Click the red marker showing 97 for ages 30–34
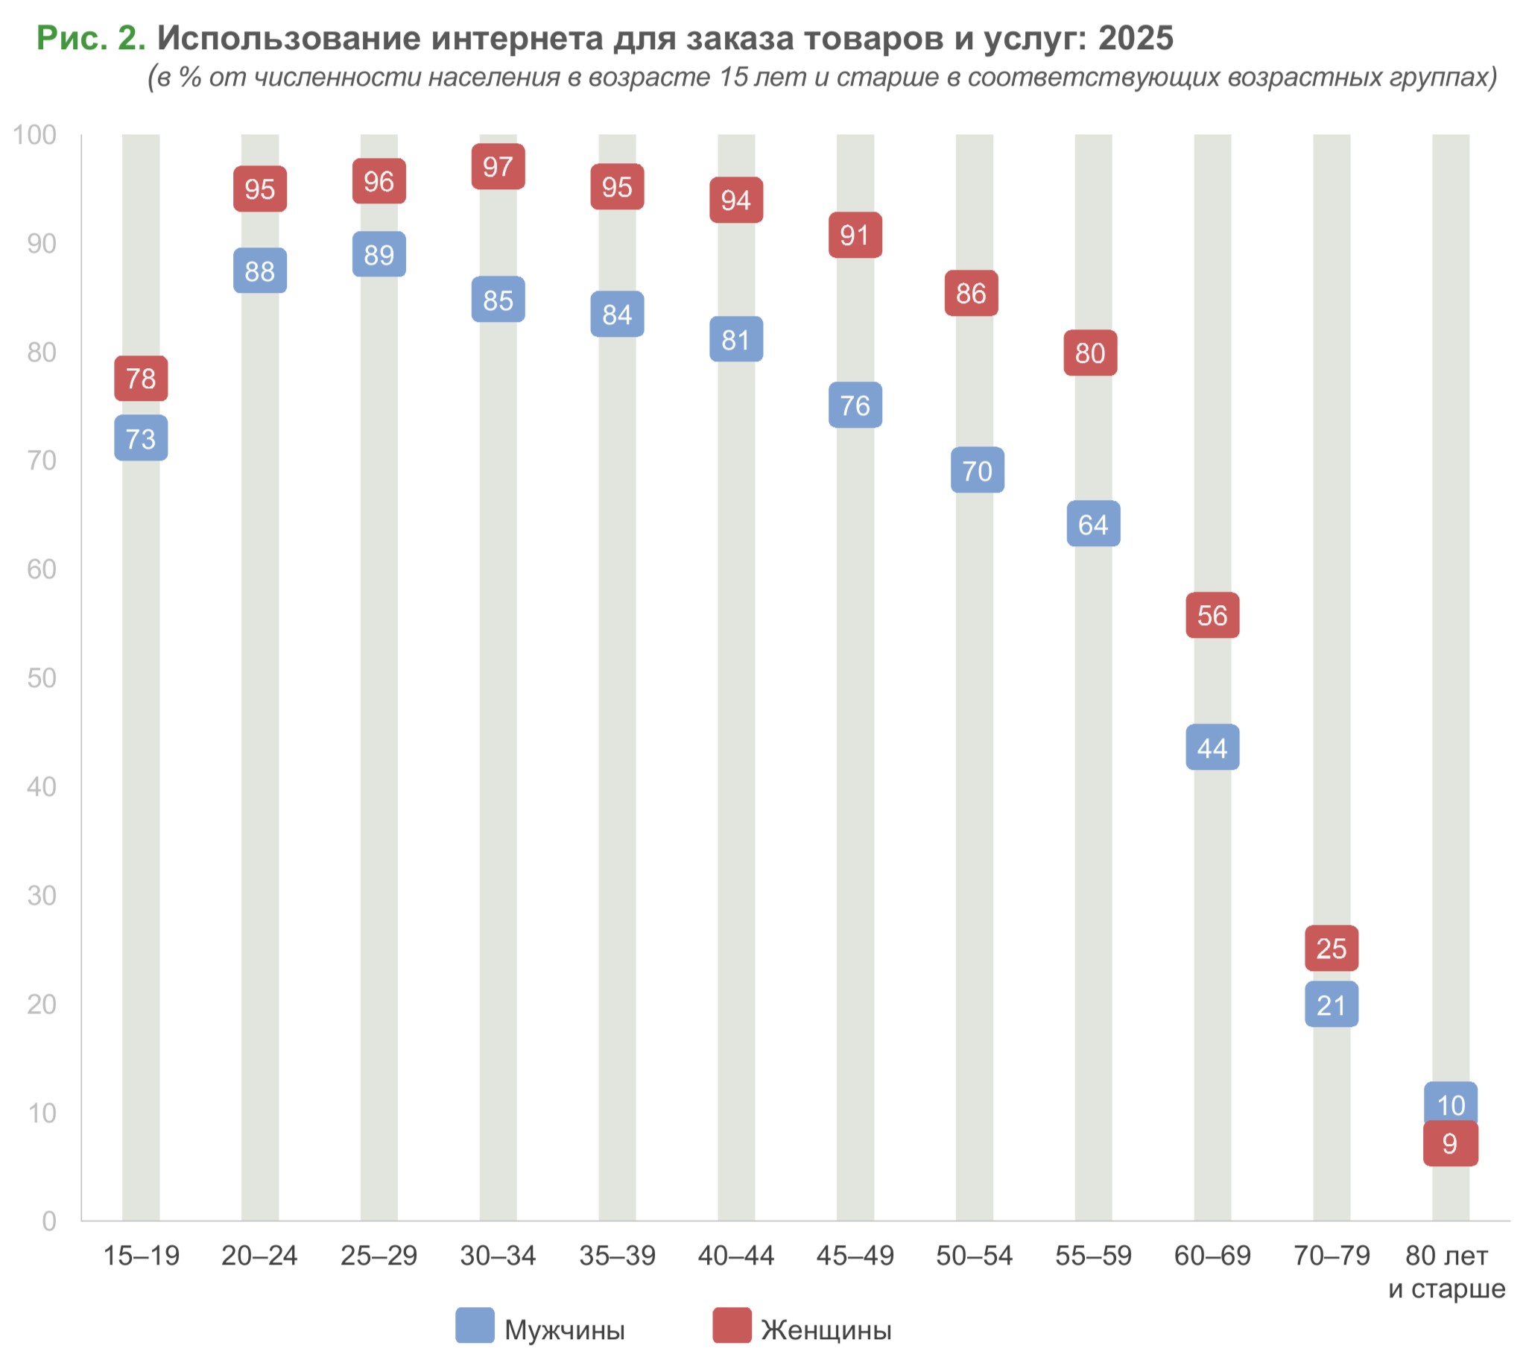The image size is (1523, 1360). (498, 166)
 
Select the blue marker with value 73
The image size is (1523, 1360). (141, 438)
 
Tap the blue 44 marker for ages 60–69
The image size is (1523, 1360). (1212, 747)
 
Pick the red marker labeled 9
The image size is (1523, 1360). (1450, 1143)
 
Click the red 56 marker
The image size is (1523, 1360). (1212, 615)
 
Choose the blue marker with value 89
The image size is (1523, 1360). (379, 254)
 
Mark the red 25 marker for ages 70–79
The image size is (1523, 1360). (1331, 948)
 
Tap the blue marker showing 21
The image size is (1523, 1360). (1331, 1005)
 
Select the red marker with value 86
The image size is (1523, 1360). (971, 293)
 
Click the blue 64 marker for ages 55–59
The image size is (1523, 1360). (1092, 524)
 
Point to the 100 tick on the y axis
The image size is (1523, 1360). (35, 135)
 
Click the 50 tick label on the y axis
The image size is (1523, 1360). (42, 677)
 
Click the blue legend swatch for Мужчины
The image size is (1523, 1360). (475, 1325)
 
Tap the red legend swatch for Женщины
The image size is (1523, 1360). (732, 1325)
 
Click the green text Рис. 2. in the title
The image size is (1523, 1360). (90, 38)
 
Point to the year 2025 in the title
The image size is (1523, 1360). (1135, 38)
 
